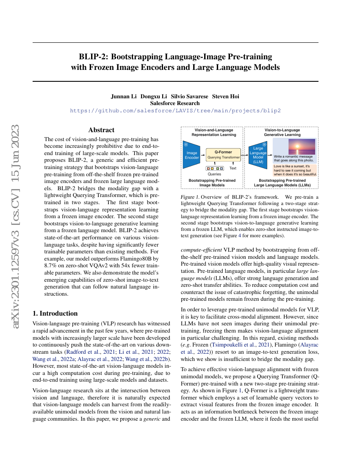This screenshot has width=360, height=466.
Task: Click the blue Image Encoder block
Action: click(192, 155)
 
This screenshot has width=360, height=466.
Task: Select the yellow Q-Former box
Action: click(223, 154)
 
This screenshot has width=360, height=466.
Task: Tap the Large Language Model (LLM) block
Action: click(258, 155)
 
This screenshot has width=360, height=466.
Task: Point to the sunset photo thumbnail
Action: click(301, 146)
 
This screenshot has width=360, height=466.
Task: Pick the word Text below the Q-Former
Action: click(233, 168)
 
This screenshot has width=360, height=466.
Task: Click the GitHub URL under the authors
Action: click(175, 110)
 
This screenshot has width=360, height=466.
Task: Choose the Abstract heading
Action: click(101, 130)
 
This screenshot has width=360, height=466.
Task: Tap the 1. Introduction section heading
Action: click(55, 313)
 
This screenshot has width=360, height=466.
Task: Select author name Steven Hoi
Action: click(225, 96)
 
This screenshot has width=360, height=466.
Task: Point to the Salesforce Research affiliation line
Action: click(175, 103)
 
